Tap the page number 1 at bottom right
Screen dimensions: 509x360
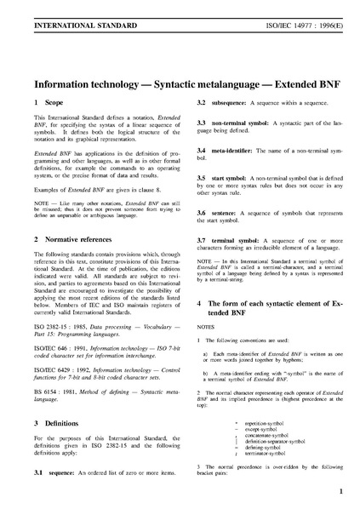point(340,492)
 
